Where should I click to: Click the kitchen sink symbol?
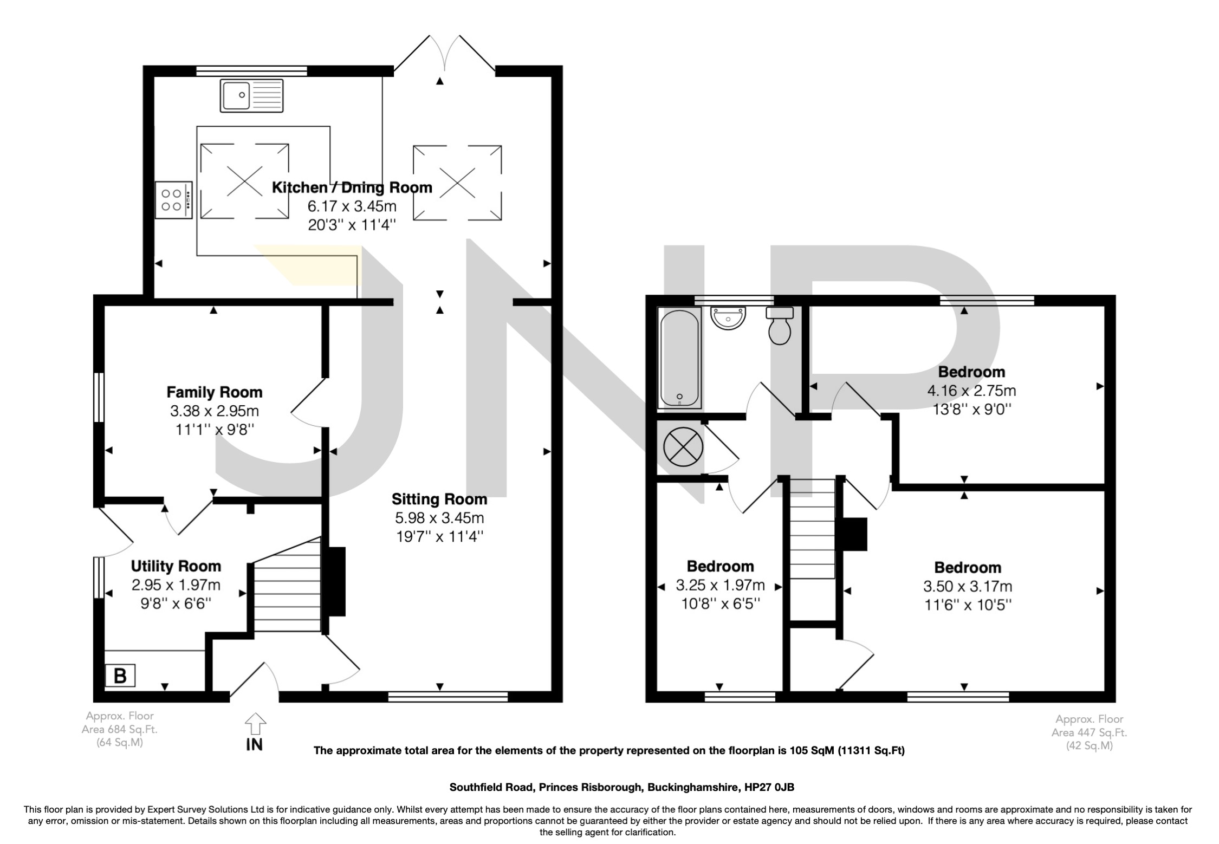[251, 96]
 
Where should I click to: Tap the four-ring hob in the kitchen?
[173, 200]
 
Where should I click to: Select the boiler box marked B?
[120, 676]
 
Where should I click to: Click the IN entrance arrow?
[255, 724]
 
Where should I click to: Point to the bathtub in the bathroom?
[679, 358]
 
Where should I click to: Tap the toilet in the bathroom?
[780, 326]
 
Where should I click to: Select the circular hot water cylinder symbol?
[683, 447]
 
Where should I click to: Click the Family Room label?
[214, 392]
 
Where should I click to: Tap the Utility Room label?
[176, 566]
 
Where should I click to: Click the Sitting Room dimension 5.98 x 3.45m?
[439, 518]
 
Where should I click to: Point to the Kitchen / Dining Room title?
[352, 187]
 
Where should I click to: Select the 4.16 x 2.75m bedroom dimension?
[971, 390]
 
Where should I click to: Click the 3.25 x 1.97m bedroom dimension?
[720, 585]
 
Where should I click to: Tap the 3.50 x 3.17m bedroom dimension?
[968, 586]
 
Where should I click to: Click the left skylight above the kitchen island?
[244, 181]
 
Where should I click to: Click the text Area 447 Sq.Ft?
[1089, 733]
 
